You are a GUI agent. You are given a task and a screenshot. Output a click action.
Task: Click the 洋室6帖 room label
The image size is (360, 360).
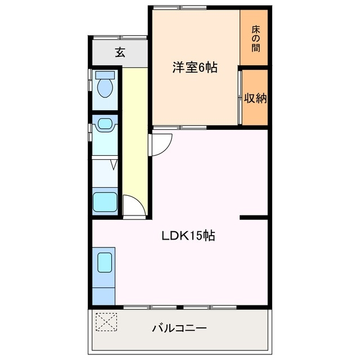195,68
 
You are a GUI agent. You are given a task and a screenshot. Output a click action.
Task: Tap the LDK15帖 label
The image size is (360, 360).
188,236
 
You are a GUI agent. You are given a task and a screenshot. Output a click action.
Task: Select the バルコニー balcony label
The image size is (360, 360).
179,328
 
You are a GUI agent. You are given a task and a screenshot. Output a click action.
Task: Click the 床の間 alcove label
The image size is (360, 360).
255,37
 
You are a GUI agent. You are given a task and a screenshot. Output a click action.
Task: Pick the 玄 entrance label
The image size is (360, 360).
120,52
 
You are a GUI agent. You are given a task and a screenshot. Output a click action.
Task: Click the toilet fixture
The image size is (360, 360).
105,87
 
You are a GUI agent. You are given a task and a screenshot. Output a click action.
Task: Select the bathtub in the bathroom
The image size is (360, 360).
105,201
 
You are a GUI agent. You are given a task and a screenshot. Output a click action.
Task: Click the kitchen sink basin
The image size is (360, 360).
105,262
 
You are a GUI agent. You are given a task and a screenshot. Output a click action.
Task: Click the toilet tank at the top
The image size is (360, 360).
105,74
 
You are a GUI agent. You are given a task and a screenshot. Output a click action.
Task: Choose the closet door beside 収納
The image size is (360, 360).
240,97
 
